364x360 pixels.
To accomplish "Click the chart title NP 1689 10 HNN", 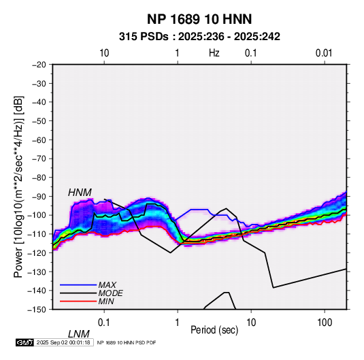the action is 199,19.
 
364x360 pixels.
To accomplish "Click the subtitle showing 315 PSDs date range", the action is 199,37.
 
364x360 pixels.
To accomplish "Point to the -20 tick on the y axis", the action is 39,65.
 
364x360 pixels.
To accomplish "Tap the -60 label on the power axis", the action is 39,140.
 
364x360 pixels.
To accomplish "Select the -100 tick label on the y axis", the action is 37,215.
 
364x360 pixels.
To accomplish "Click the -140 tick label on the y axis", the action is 37,291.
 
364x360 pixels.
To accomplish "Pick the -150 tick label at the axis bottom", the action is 37,310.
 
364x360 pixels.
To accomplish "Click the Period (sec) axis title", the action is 214,330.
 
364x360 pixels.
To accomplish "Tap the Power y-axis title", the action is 18,186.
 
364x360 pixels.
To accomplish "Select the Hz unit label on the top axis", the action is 214,53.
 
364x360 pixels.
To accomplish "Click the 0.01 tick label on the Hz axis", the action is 324,53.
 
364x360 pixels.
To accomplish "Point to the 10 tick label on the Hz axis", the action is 104,53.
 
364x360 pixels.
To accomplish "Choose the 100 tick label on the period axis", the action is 325,323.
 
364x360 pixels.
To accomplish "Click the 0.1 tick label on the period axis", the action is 104,323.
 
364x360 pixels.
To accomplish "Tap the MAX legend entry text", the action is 107,285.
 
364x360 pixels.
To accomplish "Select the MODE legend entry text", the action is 110,293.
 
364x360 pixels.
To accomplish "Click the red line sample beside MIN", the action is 78,301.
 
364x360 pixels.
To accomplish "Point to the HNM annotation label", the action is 80,193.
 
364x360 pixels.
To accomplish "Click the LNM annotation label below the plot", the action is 79,334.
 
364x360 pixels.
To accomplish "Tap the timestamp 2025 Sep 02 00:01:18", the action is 63,342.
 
